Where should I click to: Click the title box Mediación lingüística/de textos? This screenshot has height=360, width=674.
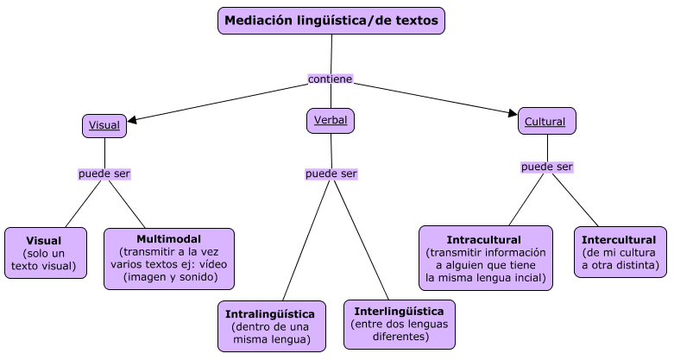(x=331, y=20)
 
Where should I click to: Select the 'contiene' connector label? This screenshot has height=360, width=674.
(x=331, y=79)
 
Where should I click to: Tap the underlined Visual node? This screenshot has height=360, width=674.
(x=104, y=125)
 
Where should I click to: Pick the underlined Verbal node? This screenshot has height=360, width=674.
(x=331, y=121)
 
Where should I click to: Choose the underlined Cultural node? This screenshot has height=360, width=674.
(x=546, y=122)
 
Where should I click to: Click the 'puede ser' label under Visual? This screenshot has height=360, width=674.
(x=104, y=174)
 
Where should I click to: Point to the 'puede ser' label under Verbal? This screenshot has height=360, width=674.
(x=331, y=174)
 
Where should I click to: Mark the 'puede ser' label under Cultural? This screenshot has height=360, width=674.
(x=547, y=167)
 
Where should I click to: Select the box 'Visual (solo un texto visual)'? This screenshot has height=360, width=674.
(x=45, y=253)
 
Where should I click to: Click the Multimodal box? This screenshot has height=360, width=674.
(x=169, y=258)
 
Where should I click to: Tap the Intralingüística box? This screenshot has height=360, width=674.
(x=271, y=326)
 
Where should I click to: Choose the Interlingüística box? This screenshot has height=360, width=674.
(x=399, y=324)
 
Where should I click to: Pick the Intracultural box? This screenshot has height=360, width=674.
(x=485, y=258)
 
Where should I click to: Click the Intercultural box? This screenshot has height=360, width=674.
(x=620, y=252)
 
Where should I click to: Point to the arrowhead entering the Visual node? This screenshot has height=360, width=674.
(x=131, y=120)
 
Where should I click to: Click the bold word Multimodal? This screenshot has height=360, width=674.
(x=169, y=238)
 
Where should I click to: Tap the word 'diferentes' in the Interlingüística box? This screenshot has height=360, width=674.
(x=400, y=336)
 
